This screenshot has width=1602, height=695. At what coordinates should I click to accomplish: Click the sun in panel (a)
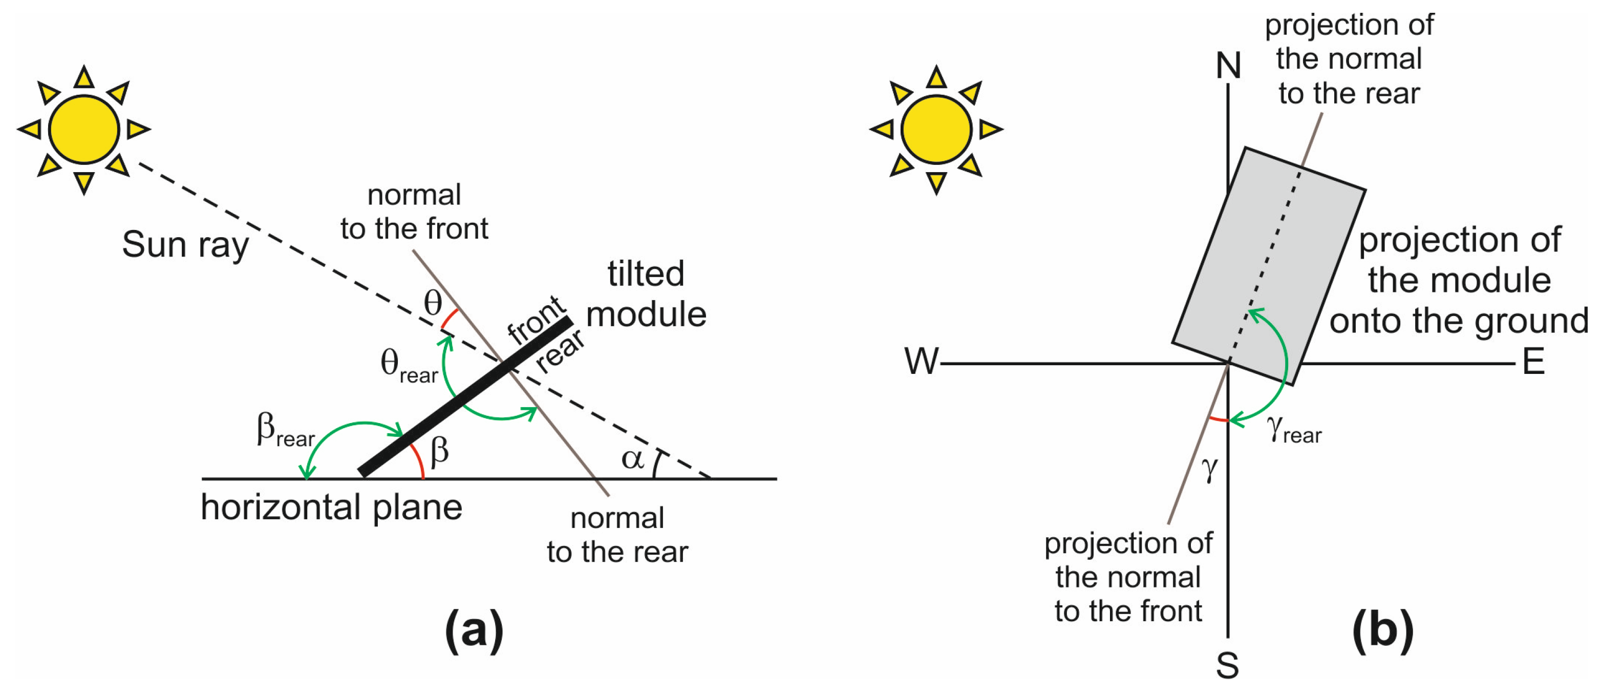pos(84,130)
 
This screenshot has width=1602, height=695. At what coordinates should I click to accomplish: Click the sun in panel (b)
pos(936,130)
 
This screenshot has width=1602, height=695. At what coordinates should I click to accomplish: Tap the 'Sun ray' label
pos(185,244)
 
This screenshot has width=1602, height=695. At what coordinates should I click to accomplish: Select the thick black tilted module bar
pos(465,398)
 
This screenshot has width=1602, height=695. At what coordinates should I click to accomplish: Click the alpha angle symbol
pos(632,460)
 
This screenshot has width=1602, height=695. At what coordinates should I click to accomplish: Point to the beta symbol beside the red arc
pos(439,451)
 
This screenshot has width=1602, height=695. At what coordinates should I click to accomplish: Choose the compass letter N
pos(1228,66)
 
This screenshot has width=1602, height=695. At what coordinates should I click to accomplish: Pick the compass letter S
pos(1228,666)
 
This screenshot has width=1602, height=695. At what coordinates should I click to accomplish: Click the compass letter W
pos(921,362)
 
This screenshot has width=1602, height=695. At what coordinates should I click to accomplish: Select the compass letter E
pos(1533,362)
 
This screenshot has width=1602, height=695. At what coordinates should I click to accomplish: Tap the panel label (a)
pos(474,631)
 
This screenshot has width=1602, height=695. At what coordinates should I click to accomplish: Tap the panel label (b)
pos(1382,631)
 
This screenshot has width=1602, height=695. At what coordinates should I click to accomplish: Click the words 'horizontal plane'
pos(331,508)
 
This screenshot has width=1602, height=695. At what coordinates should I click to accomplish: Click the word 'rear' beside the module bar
pos(560,351)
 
